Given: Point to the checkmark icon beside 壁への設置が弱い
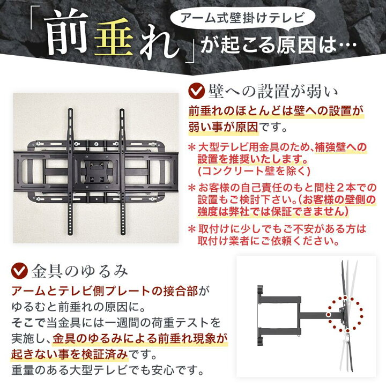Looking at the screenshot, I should pos(198,88).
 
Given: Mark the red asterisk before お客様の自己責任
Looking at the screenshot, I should pos(191,188).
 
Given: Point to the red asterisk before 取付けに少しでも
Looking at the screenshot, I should pos(191,228).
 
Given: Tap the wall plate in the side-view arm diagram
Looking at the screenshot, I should pos(260,314).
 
